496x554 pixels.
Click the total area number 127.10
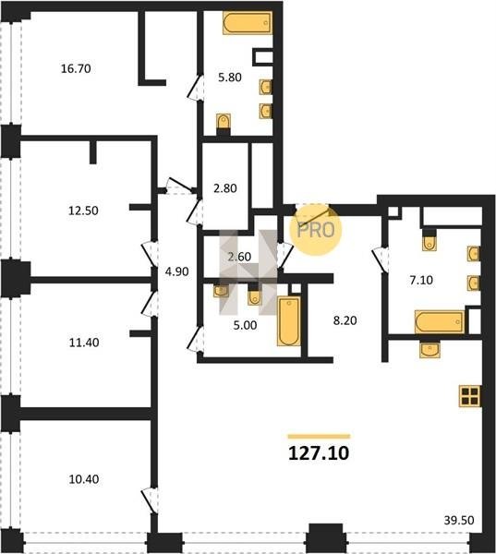click(319, 453)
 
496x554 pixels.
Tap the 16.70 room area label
click(76, 68)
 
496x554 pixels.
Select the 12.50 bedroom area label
click(83, 211)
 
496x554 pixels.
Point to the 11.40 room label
click(84, 343)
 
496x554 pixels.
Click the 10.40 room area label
click(84, 479)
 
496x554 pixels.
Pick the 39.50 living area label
click(459, 520)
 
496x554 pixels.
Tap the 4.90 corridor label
click(176, 271)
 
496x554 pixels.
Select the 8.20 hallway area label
click(345, 320)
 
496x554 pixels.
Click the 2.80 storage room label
click(225, 188)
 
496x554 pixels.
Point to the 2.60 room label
click(239, 257)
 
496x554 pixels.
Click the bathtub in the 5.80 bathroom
click(248, 23)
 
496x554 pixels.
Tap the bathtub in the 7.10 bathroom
click(439, 321)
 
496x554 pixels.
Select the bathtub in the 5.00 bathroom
click(289, 320)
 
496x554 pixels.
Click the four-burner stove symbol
click(470, 396)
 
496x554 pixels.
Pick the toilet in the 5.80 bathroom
click(224, 122)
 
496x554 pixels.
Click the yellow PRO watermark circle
click(315, 230)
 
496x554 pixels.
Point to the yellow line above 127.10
click(319, 437)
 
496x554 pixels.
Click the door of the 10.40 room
click(150, 500)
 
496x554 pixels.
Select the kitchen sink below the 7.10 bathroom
click(429, 350)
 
